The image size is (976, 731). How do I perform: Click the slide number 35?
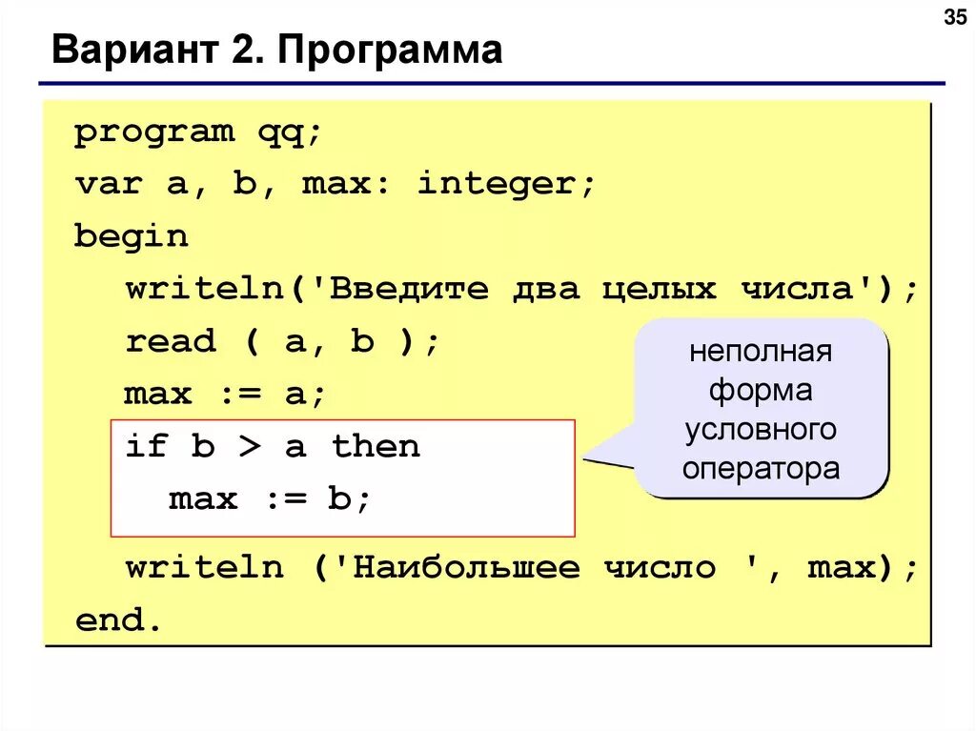953,17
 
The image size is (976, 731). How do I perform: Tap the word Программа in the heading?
390,50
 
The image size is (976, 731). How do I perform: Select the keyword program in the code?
154,132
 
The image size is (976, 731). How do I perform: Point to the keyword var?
108,184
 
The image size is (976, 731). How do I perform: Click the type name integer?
506,184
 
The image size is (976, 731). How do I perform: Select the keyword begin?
132,236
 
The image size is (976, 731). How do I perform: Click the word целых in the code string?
659,289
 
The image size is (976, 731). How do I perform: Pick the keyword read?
171,341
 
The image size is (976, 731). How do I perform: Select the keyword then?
376,446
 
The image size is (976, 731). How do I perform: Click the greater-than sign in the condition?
249,446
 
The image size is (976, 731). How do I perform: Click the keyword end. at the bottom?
119,621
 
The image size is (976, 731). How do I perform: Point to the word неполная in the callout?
761,352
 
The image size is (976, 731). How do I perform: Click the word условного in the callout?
761,430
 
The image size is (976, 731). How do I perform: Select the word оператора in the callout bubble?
761,469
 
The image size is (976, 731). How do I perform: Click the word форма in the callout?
761,391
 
